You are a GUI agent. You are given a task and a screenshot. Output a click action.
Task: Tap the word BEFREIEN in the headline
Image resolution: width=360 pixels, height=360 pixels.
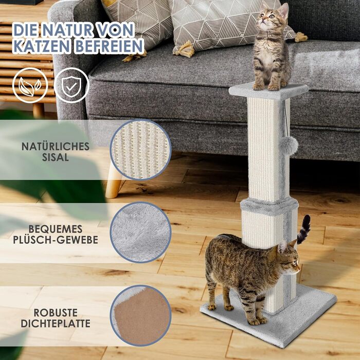[109, 46]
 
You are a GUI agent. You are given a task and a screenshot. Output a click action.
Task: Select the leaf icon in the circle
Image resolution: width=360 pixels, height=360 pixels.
[30, 85]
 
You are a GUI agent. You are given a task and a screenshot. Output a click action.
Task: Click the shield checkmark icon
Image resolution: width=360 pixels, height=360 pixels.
[71, 85]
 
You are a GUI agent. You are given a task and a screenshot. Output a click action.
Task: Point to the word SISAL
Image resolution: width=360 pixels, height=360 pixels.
[56, 157]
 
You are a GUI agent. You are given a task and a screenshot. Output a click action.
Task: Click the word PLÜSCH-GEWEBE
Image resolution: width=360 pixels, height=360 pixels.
[56, 240]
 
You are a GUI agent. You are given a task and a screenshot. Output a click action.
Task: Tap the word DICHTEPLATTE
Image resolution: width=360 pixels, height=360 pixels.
[56, 323]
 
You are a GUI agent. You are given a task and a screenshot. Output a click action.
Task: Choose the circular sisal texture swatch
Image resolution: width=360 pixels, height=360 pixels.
[140, 150]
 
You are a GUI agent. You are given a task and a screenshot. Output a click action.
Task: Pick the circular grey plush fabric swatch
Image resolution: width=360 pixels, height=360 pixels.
[140, 232]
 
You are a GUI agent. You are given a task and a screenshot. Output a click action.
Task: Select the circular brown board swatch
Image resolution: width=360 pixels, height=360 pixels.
[140, 316]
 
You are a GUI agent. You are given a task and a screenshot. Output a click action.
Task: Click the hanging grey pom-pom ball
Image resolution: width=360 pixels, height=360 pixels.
[289, 146]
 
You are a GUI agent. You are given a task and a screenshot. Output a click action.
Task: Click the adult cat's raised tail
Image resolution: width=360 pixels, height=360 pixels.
[303, 229]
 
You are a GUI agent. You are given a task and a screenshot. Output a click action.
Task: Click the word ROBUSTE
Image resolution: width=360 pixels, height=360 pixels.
[56, 313]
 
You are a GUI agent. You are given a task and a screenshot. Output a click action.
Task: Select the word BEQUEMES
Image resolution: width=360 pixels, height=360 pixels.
[56, 229]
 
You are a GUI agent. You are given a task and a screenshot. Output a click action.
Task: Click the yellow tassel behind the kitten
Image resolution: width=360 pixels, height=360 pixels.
[301, 37]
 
